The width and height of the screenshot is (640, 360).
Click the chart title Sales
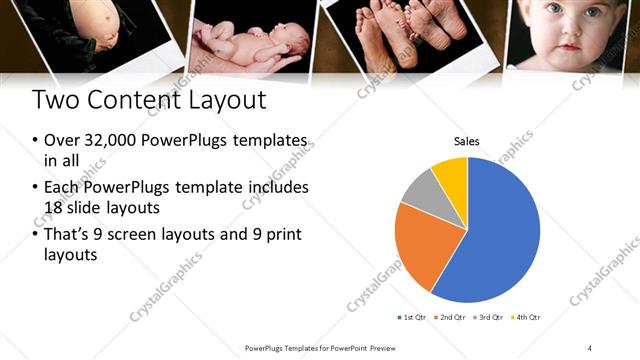[x=468, y=142]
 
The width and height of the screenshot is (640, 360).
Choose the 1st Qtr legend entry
[x=413, y=317]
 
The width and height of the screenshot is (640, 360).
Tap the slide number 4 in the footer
[x=590, y=347]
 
